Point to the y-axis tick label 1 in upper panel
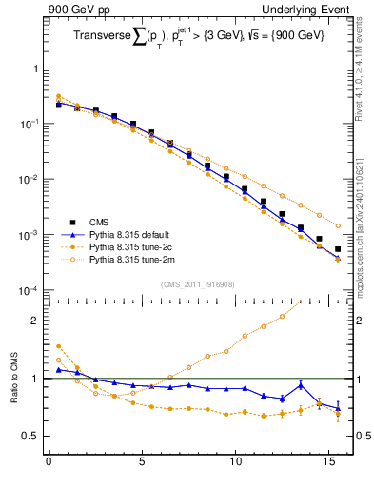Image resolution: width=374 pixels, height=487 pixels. (34, 69)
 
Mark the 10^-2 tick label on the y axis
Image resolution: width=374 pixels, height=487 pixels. (28, 180)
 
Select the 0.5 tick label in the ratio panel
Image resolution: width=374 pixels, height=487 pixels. (30, 436)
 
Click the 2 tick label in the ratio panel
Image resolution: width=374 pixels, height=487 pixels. (34, 321)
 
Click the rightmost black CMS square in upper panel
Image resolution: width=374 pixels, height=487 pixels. (338, 249)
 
